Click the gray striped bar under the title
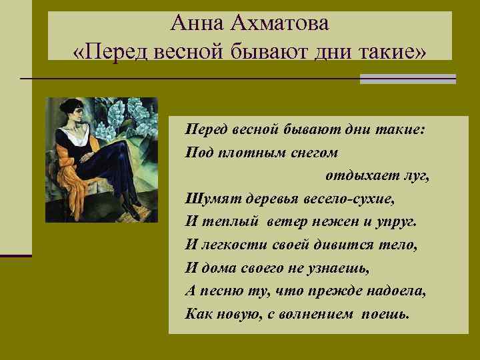(407, 79)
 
